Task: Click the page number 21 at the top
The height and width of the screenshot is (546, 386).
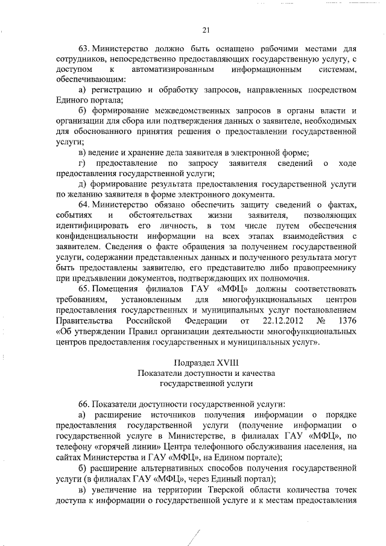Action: (206, 30)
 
